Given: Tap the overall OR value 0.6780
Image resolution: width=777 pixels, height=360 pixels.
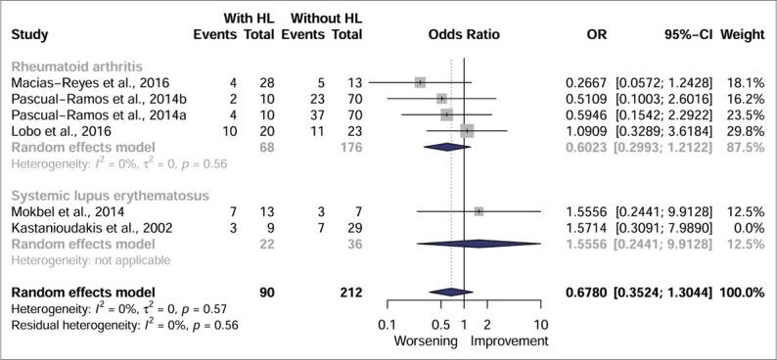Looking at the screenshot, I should tap(585, 292).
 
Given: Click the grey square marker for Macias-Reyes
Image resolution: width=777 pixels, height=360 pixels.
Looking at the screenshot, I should tap(420, 83).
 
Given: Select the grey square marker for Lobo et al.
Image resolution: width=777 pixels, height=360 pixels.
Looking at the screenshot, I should tap(467, 130).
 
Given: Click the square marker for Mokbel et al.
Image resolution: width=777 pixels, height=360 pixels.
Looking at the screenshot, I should tap(479, 211).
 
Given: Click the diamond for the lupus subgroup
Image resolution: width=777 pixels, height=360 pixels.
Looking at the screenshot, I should tap(479, 243).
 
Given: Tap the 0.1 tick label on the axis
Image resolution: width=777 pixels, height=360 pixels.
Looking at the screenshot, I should tap(387, 325).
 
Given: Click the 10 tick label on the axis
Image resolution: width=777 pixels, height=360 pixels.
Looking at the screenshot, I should tap(541, 325).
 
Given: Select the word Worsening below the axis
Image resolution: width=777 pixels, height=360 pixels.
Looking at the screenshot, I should tap(426, 341).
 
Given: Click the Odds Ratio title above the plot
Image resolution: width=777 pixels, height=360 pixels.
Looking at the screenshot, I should tap(463, 33).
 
